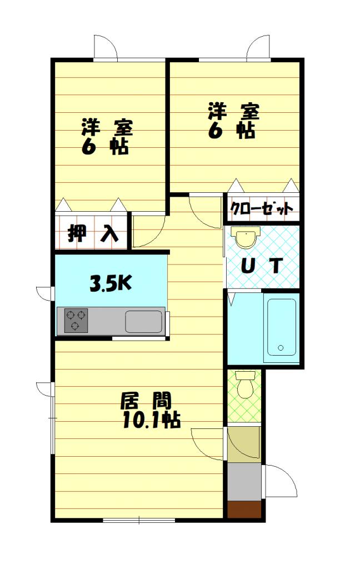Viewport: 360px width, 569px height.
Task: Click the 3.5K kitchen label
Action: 111,284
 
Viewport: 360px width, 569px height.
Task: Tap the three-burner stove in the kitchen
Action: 76,320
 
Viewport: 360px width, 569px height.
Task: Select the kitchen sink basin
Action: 144,321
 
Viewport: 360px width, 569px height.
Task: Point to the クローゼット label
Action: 262,209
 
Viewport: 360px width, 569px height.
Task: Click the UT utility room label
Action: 261,266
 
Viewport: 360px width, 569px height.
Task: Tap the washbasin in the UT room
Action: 247,237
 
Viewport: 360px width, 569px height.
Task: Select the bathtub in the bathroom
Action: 282,327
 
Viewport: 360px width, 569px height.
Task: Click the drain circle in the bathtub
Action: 281,348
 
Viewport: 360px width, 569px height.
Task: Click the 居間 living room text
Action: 146,402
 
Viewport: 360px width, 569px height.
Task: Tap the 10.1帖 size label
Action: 151,420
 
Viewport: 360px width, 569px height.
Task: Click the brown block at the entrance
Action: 244,510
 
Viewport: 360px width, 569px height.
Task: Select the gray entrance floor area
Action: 244,482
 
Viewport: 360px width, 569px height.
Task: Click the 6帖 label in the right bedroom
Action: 232,131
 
